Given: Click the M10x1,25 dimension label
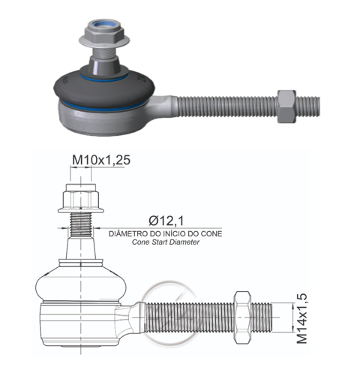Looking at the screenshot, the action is pyautogui.click(x=101, y=160).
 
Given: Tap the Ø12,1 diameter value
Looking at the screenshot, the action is pyautogui.click(x=166, y=221).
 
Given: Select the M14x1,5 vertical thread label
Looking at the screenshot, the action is pyautogui.click(x=301, y=318).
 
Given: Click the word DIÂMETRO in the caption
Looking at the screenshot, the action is pyautogui.click(x=128, y=233).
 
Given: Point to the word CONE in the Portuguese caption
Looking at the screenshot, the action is pyautogui.click(x=211, y=233).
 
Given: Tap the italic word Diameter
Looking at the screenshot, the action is pyautogui.click(x=184, y=242).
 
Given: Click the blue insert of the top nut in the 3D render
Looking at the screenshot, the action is pyautogui.click(x=104, y=25).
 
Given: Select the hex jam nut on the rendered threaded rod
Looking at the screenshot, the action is pyautogui.click(x=286, y=107).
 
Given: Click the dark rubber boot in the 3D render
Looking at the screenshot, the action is pyautogui.click(x=104, y=88).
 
